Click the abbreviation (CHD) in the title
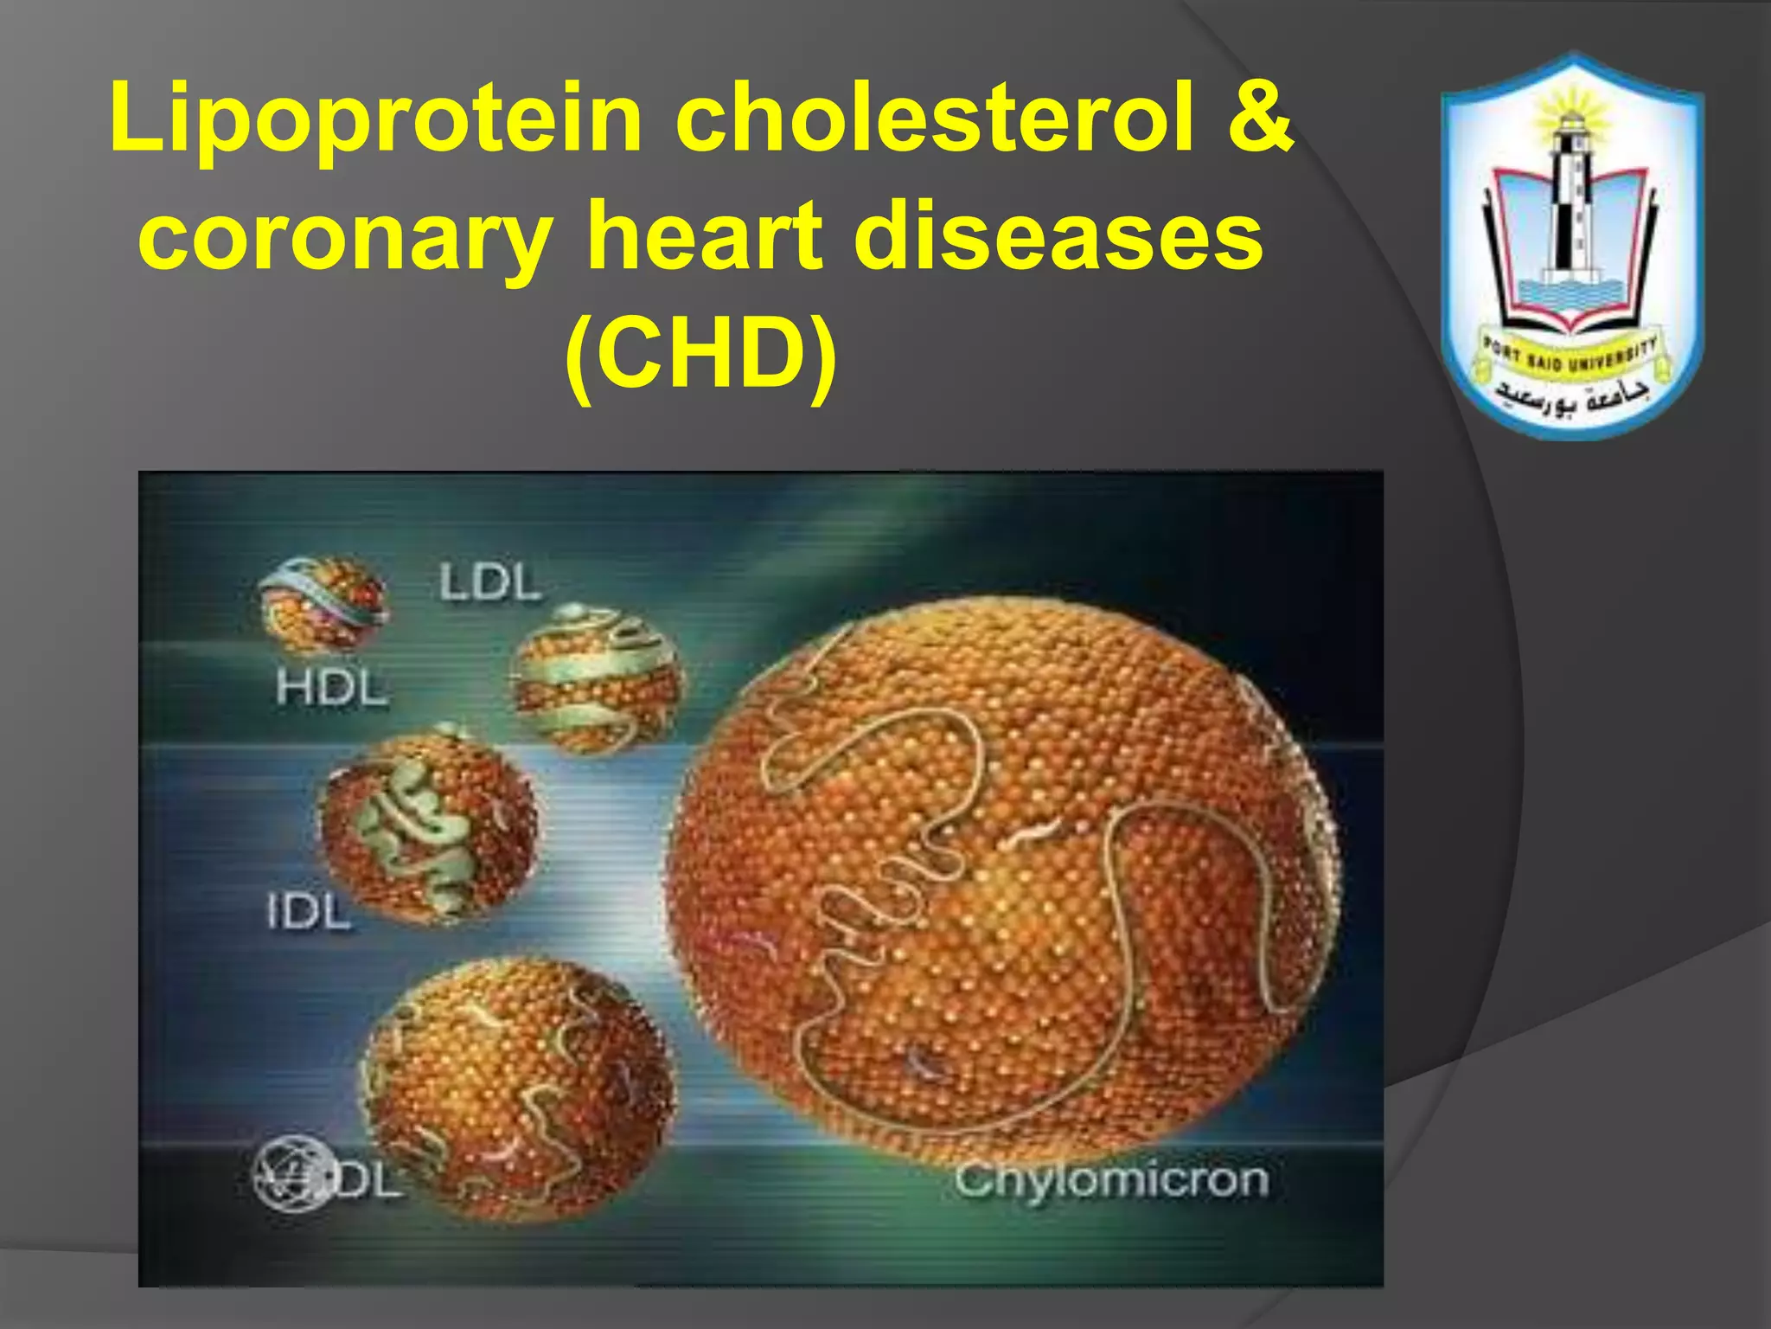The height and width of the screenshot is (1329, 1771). [700, 353]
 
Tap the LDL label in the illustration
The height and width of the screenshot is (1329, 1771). [489, 581]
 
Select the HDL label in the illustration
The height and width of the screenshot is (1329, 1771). [332, 689]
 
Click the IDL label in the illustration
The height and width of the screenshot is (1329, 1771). [309, 912]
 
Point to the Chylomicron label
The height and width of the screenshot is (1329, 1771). [1112, 1180]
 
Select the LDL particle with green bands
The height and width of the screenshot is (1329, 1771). [597, 678]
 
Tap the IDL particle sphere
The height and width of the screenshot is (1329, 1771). [429, 827]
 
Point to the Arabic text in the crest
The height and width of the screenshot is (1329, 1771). [1572, 395]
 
